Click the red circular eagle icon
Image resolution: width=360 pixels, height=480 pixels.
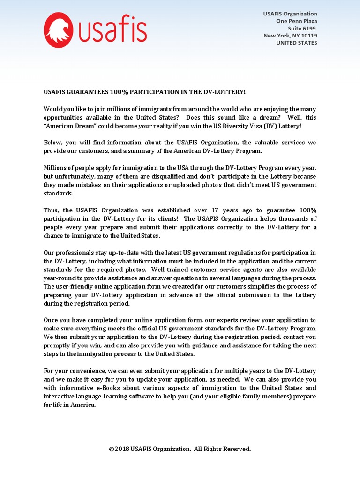click(x=58, y=30)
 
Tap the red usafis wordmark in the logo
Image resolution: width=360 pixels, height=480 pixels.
click(x=112, y=30)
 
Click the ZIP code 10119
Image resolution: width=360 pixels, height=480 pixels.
click(x=308, y=36)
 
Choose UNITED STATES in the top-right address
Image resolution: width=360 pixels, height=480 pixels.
click(x=296, y=43)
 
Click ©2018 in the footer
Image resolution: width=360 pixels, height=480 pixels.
click(x=119, y=449)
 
